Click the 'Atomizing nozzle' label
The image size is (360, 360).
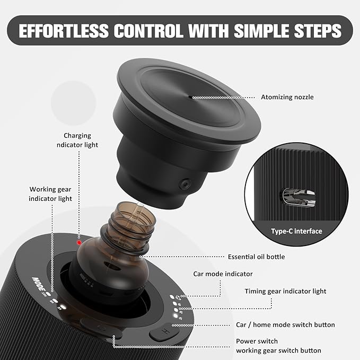point(287,97)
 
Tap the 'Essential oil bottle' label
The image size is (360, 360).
point(256,257)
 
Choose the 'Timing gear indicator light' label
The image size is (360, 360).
point(285,291)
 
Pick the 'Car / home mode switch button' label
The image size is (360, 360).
point(285,324)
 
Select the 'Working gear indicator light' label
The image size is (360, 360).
point(50,194)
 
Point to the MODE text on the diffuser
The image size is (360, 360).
point(40,283)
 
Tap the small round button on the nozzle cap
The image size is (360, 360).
point(185,184)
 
